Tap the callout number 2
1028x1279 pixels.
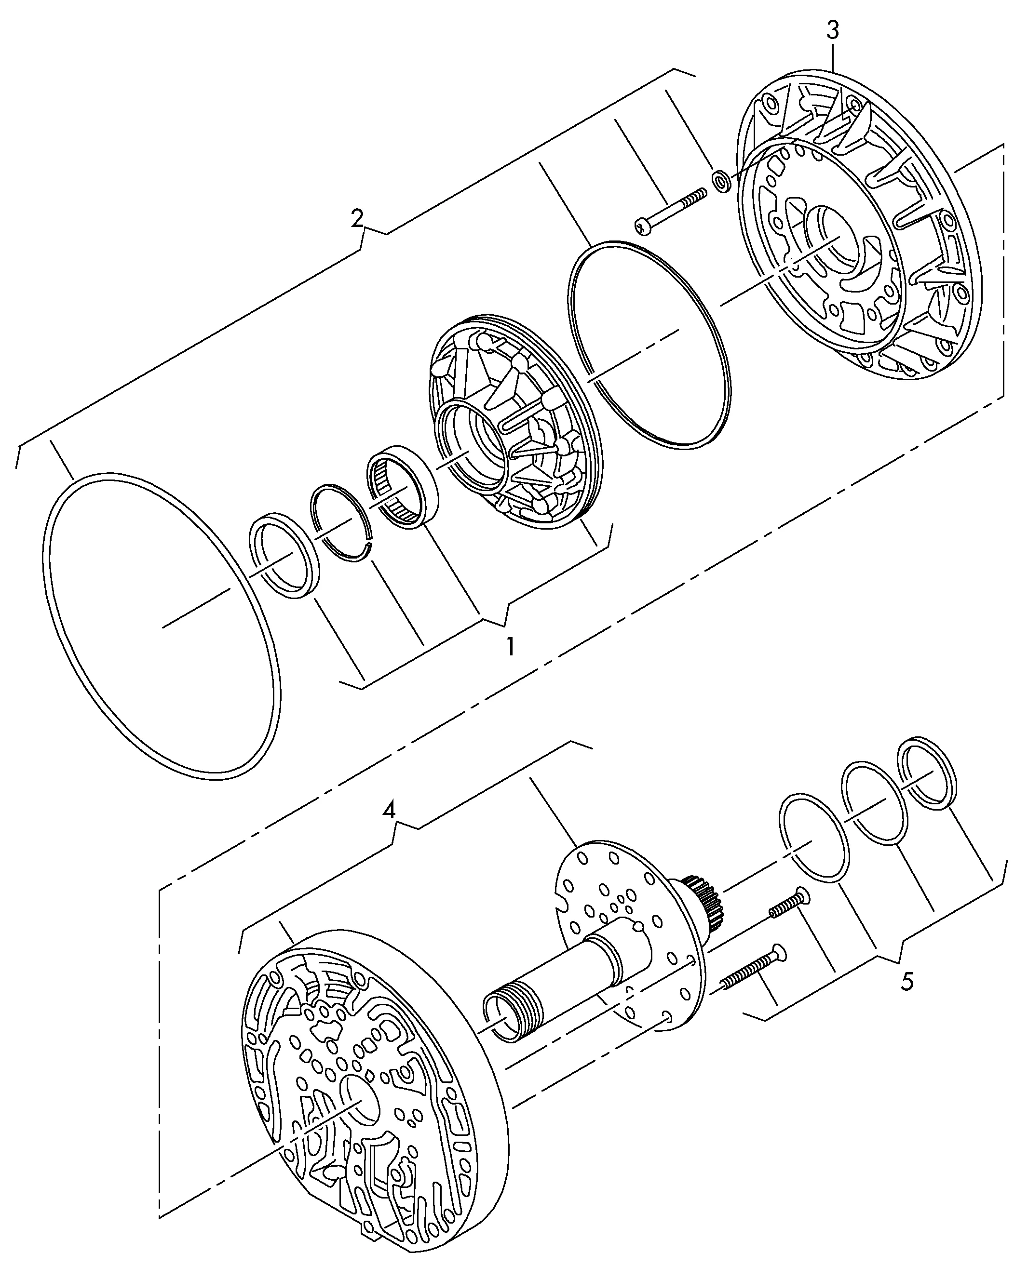pos(357,219)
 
